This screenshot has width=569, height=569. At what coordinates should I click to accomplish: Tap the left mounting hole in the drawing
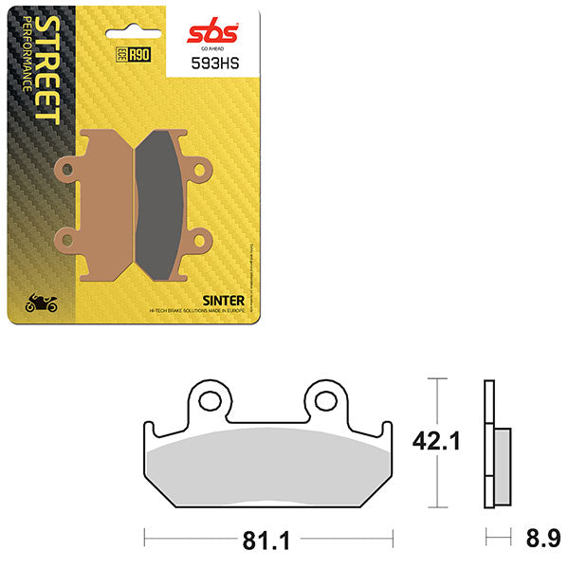pyautogui.click(x=209, y=401)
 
